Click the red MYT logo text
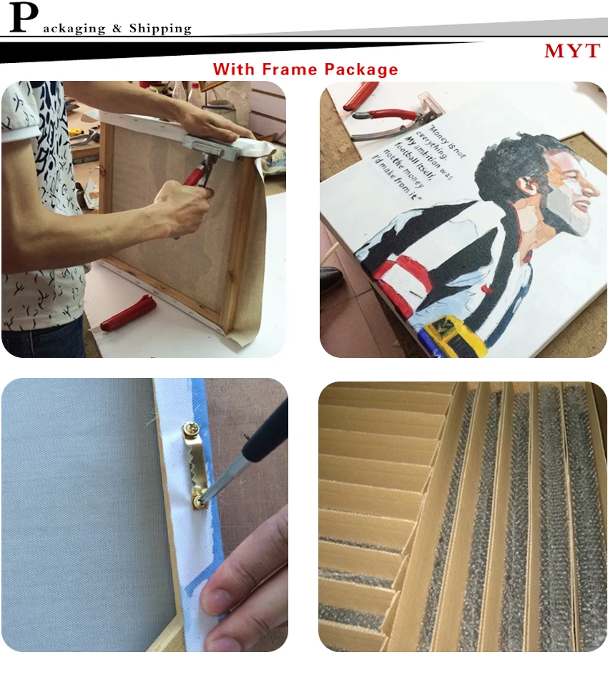[572, 51]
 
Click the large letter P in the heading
[23, 17]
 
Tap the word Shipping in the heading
[160, 29]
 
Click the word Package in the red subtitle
[361, 70]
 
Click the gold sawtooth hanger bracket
[196, 465]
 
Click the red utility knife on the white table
[128, 312]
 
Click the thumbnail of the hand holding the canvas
[219, 596]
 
